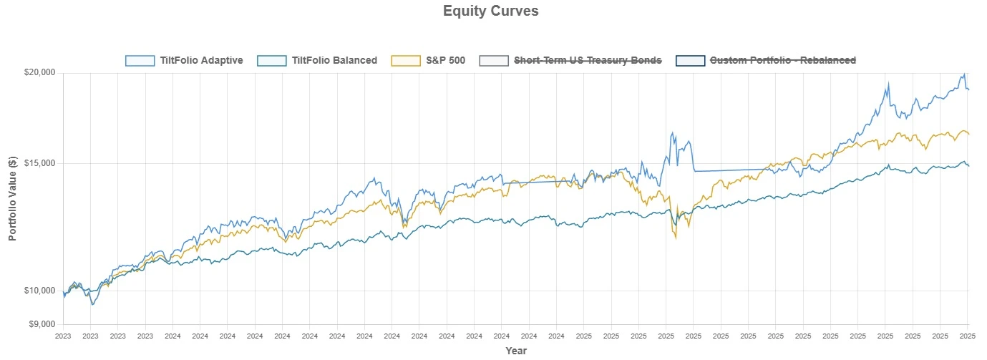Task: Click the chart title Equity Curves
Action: click(490, 11)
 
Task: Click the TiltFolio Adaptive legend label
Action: click(201, 61)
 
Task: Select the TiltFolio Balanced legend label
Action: click(334, 61)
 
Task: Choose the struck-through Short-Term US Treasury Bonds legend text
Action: click(588, 61)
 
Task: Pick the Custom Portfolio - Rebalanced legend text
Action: click(782, 61)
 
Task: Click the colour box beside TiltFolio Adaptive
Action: click(140, 61)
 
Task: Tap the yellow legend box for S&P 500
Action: click(406, 61)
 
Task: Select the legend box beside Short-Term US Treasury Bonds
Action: click(494, 61)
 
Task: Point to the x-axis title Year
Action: click(515, 351)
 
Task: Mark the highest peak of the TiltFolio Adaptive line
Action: click(964, 74)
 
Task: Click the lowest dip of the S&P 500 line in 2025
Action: click(675, 238)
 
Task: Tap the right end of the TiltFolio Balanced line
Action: click(968, 166)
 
